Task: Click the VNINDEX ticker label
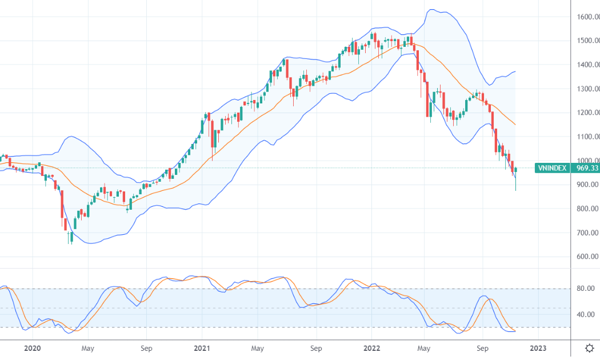point(552,168)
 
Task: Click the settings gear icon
point(589,348)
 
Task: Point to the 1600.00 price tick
point(588,17)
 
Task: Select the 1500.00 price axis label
point(588,41)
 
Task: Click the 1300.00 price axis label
point(588,89)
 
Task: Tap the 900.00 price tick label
point(588,185)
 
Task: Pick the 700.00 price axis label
point(588,233)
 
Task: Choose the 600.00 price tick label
point(588,257)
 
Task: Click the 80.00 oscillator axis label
point(586,289)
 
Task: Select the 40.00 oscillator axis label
point(586,314)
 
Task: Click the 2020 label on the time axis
point(32,348)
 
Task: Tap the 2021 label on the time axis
point(202,348)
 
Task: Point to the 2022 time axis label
point(371,348)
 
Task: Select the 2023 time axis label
point(538,348)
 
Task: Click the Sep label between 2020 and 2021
point(146,348)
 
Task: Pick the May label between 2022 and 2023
point(423,348)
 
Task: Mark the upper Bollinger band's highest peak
point(433,10)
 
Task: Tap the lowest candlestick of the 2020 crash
point(71,237)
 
